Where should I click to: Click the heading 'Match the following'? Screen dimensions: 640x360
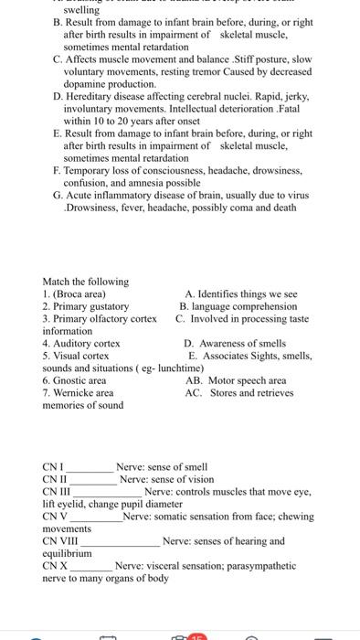(x=86, y=281)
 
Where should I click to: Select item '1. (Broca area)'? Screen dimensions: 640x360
(x=74, y=293)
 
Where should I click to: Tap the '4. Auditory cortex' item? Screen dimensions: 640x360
(x=81, y=343)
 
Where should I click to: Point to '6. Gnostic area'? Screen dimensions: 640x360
(x=74, y=380)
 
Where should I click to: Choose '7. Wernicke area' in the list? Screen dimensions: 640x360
(x=78, y=392)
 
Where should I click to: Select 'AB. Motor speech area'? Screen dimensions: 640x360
(x=235, y=380)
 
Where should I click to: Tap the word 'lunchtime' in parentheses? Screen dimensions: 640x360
(x=181, y=368)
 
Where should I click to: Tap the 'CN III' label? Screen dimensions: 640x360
(x=56, y=492)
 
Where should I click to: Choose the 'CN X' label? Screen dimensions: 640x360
(x=55, y=566)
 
